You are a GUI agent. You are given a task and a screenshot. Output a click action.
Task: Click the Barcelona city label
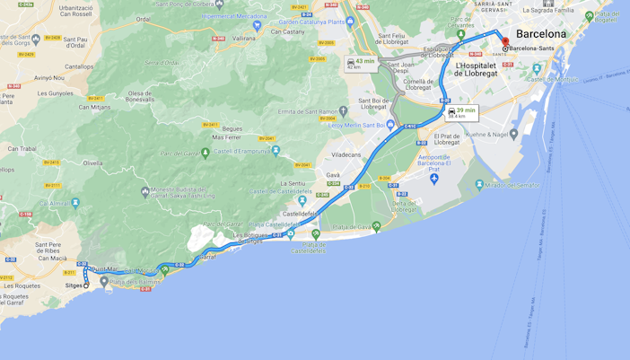pos(541,34)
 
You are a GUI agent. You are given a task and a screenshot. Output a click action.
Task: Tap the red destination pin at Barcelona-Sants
pos(505,41)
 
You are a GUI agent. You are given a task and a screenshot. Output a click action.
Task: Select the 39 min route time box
pos(462,112)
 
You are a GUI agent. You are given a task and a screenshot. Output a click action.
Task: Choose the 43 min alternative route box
pos(362,63)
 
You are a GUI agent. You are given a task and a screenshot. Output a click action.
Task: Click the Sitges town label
pos(74,285)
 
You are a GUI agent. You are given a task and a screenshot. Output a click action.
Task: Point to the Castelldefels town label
pos(300,214)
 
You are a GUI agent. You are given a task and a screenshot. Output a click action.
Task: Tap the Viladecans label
pos(346,154)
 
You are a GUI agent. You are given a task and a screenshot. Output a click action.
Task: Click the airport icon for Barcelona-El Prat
pos(434,179)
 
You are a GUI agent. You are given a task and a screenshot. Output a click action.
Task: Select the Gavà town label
pos(333,175)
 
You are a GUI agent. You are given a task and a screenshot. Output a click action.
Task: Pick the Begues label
pos(232,128)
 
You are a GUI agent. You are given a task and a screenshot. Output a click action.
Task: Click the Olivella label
pos(92,163)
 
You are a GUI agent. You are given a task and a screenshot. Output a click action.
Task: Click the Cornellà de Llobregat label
pos(418,84)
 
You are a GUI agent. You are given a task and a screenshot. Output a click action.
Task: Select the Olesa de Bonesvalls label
pos(140,96)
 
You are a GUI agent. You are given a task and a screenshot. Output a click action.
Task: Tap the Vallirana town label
pos(244,39)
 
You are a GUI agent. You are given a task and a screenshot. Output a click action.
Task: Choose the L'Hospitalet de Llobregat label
pos(476,69)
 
